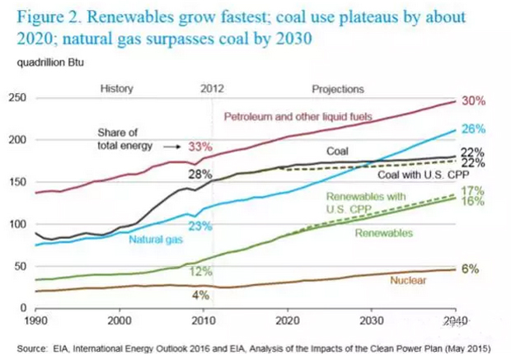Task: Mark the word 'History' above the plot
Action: (x=116, y=88)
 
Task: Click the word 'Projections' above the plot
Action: (x=338, y=88)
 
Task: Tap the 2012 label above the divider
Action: (x=213, y=88)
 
